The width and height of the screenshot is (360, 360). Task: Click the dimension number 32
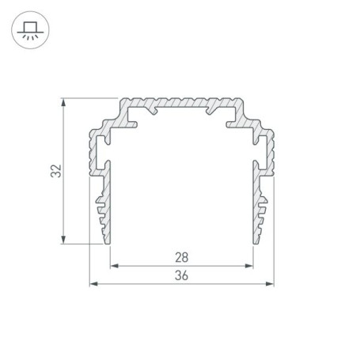(56, 171)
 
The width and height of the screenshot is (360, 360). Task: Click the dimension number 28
(182, 257)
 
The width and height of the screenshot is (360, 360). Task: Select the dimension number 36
(181, 275)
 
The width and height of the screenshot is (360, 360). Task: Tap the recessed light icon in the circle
(30, 30)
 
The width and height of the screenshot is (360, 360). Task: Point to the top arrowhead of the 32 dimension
(63, 102)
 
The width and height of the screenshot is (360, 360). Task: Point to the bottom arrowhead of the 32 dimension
(63, 240)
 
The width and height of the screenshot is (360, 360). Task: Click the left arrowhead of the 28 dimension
(114, 266)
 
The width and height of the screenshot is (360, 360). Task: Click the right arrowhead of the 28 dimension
(249, 266)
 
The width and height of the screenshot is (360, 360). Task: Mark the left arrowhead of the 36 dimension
(94, 284)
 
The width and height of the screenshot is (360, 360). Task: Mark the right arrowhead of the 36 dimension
(270, 284)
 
